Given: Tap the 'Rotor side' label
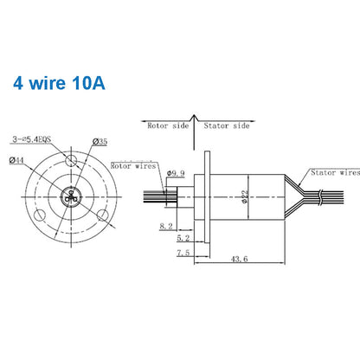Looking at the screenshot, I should click(x=167, y=125).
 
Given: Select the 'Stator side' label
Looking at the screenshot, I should click(x=227, y=125).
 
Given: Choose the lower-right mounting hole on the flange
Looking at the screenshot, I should click(x=102, y=213).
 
